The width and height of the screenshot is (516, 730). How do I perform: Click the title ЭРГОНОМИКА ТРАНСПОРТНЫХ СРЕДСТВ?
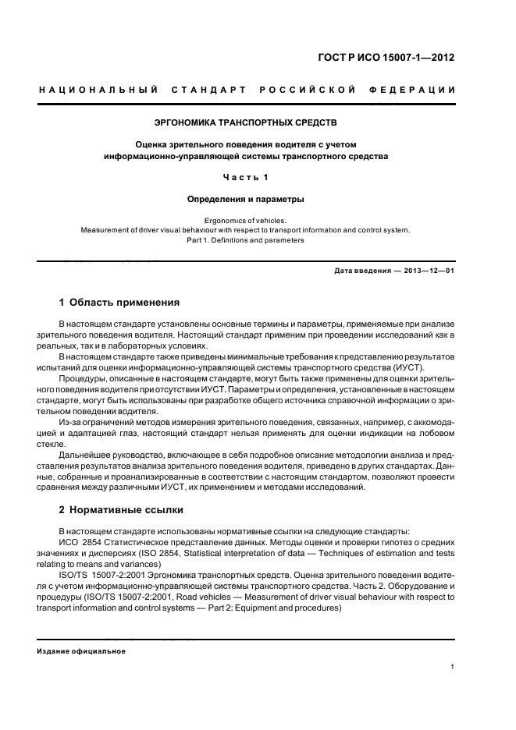point(246,122)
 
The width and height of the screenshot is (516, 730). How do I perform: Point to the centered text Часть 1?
point(246,177)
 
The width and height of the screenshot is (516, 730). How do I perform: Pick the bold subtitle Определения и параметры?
point(246,199)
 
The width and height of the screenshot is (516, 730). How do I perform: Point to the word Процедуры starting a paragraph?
point(81,379)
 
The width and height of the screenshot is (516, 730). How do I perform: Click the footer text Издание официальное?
point(81,651)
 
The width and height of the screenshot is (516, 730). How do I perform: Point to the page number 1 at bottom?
point(453,667)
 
